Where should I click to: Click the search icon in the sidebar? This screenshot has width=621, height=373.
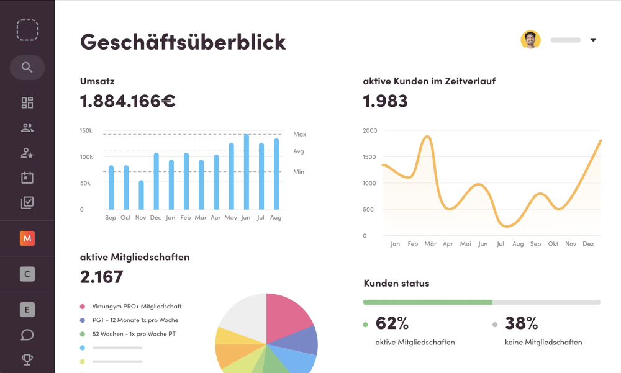pos(27,67)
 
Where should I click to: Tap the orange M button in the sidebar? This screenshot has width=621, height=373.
pos(27,238)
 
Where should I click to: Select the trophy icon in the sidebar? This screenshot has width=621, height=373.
pos(27,359)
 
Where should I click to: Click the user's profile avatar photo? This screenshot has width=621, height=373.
pos(530,40)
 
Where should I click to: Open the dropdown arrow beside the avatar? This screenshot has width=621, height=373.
pos(593,40)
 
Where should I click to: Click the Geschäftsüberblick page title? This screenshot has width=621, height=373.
pos(183,42)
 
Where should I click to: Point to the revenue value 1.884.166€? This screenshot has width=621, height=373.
pos(128,101)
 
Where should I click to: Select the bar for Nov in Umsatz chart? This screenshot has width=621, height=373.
pos(141,195)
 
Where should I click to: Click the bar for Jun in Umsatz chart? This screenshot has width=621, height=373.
pos(247,172)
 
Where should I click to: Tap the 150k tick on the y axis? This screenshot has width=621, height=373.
pos(86,131)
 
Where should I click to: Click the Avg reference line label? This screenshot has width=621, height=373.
pos(299,151)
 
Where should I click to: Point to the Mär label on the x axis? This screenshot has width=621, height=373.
pos(430,244)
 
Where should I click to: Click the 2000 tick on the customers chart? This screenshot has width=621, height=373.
pos(369,130)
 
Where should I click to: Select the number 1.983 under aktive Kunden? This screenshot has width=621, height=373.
pos(385,101)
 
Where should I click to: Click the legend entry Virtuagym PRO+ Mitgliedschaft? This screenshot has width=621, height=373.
pos(137,306)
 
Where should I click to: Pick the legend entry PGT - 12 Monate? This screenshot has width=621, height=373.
pos(135,320)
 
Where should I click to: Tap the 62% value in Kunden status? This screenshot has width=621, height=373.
pos(392,323)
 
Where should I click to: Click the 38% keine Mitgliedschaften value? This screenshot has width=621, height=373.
pos(521,323)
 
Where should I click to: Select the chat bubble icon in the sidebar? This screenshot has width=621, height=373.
pos(27,335)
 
